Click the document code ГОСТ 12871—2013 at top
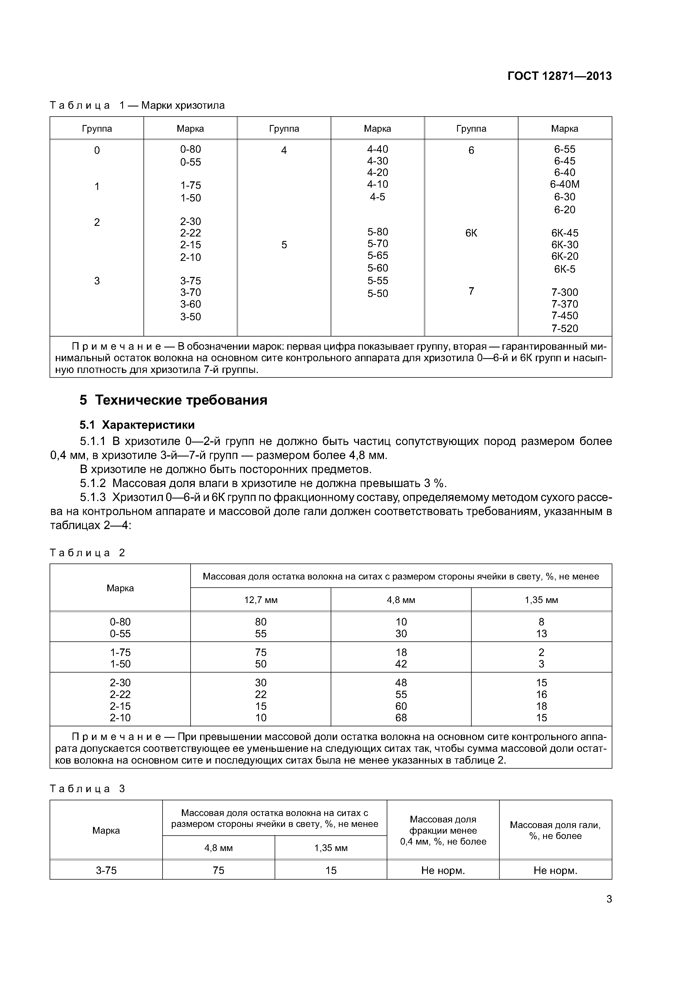click(x=559, y=76)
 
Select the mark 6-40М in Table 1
click(x=564, y=185)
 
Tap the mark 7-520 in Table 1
click(x=564, y=328)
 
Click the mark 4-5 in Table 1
click(x=377, y=197)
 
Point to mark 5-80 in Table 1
click(x=377, y=232)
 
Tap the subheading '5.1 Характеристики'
click(x=137, y=425)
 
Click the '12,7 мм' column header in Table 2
click(x=261, y=600)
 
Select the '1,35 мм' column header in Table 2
click(x=541, y=600)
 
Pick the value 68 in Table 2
click(x=401, y=718)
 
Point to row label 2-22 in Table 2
click(x=120, y=694)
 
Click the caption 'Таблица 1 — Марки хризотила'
click(x=137, y=105)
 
